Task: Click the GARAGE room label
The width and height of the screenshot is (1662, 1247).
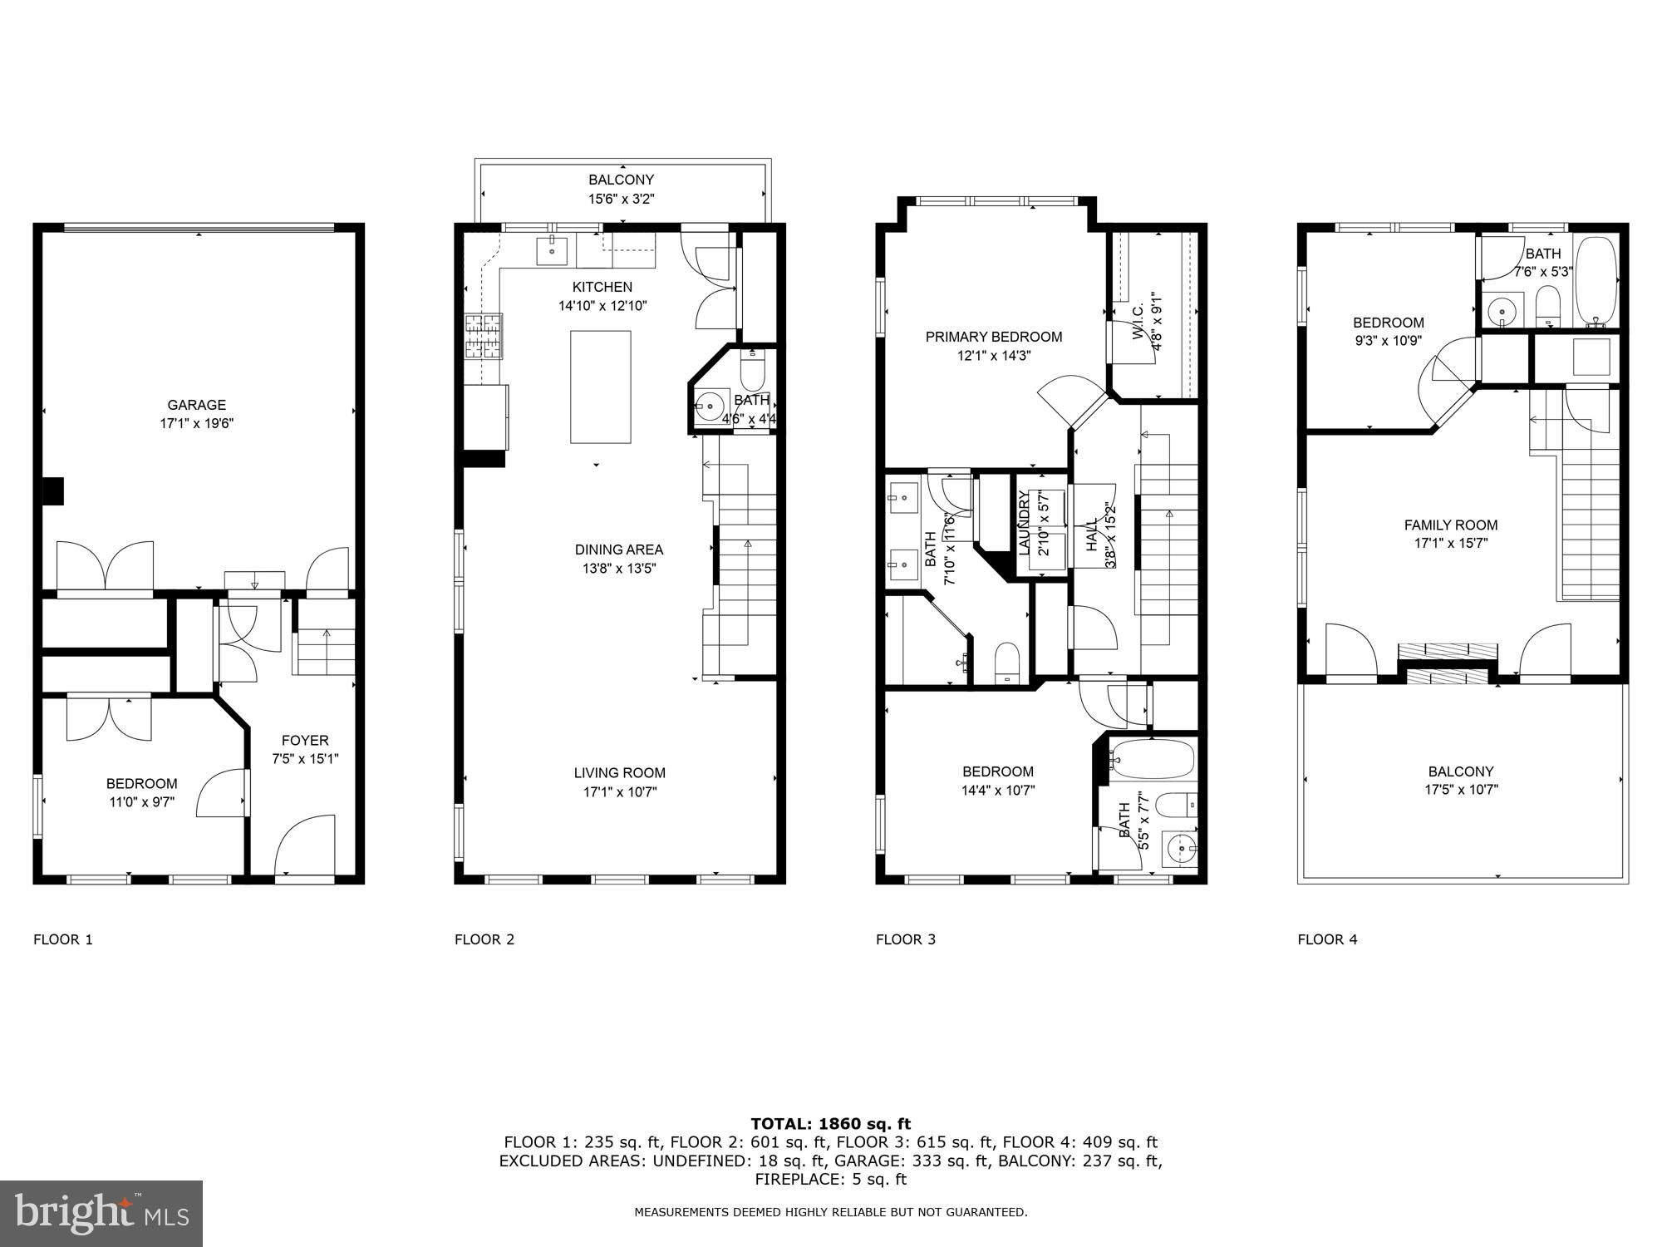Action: pyautogui.click(x=197, y=405)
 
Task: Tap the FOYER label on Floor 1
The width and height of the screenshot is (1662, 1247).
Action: pyautogui.click(x=305, y=740)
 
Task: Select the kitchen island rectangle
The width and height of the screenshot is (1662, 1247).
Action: pyautogui.click(x=600, y=387)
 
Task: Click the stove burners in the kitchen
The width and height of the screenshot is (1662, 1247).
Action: pyautogui.click(x=484, y=336)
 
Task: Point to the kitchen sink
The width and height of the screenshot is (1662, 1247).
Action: pyautogui.click(x=551, y=249)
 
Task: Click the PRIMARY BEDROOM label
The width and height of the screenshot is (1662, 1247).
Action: pyautogui.click(x=994, y=337)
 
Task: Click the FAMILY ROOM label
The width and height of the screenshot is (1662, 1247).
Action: pyautogui.click(x=1451, y=525)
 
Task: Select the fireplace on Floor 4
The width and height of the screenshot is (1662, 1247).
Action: pyautogui.click(x=1448, y=663)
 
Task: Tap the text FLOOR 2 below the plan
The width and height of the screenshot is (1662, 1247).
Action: pyautogui.click(x=484, y=939)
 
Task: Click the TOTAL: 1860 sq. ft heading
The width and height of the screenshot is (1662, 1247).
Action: pyautogui.click(x=831, y=1124)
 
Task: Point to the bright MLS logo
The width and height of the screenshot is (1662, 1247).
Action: pyautogui.click(x=101, y=1214)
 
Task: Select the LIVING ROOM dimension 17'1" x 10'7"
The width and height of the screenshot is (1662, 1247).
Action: pyautogui.click(x=620, y=791)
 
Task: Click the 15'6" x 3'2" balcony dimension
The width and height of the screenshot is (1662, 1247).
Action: pyautogui.click(x=622, y=199)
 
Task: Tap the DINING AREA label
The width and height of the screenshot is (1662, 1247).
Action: pyautogui.click(x=619, y=550)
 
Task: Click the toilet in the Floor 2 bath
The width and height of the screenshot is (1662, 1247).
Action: pyautogui.click(x=752, y=371)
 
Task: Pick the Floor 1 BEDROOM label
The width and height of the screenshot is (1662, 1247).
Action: pyautogui.click(x=142, y=783)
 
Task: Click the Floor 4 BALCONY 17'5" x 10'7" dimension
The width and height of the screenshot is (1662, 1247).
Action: pyautogui.click(x=1461, y=790)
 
